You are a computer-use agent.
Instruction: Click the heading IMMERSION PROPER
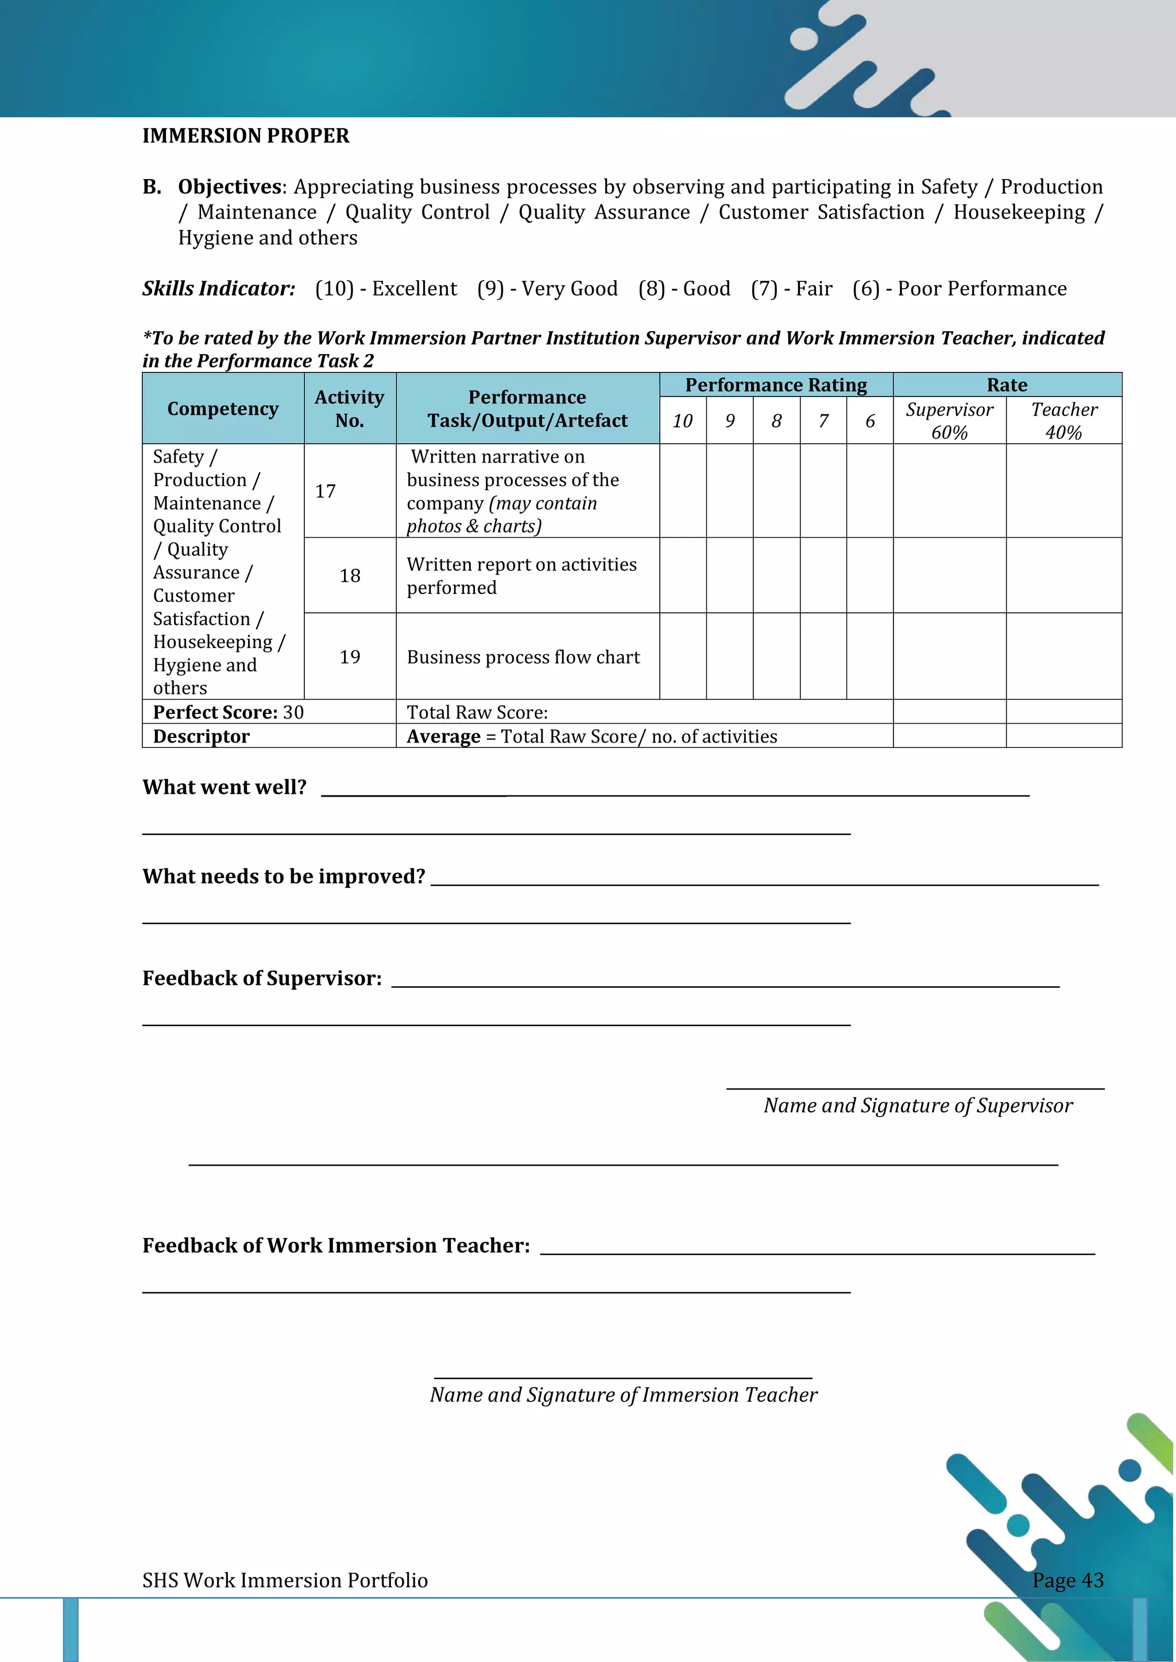[246, 136]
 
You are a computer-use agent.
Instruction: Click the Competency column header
[223, 409]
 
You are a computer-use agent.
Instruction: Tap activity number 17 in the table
[326, 491]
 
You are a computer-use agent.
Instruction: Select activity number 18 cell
[350, 576]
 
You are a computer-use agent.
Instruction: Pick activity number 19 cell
[350, 657]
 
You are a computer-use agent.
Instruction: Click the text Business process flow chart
[523, 657]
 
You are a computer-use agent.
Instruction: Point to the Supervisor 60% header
[949, 421]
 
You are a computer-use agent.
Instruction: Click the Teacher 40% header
[1064, 421]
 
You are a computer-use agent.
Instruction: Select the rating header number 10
[682, 421]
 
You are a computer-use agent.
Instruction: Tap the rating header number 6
[870, 421]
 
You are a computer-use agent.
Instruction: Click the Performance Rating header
[776, 385]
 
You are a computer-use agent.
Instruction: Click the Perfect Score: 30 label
[228, 712]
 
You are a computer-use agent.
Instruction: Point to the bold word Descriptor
[202, 736]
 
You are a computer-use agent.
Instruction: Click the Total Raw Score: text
[477, 712]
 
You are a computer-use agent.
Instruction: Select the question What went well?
[225, 787]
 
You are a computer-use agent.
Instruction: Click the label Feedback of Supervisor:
[261, 978]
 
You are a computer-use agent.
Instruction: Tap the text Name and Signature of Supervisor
[918, 1105]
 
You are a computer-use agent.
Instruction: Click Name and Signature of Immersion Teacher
[623, 1395]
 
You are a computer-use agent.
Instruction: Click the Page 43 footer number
[1067, 1580]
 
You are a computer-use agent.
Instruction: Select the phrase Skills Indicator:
[219, 289]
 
